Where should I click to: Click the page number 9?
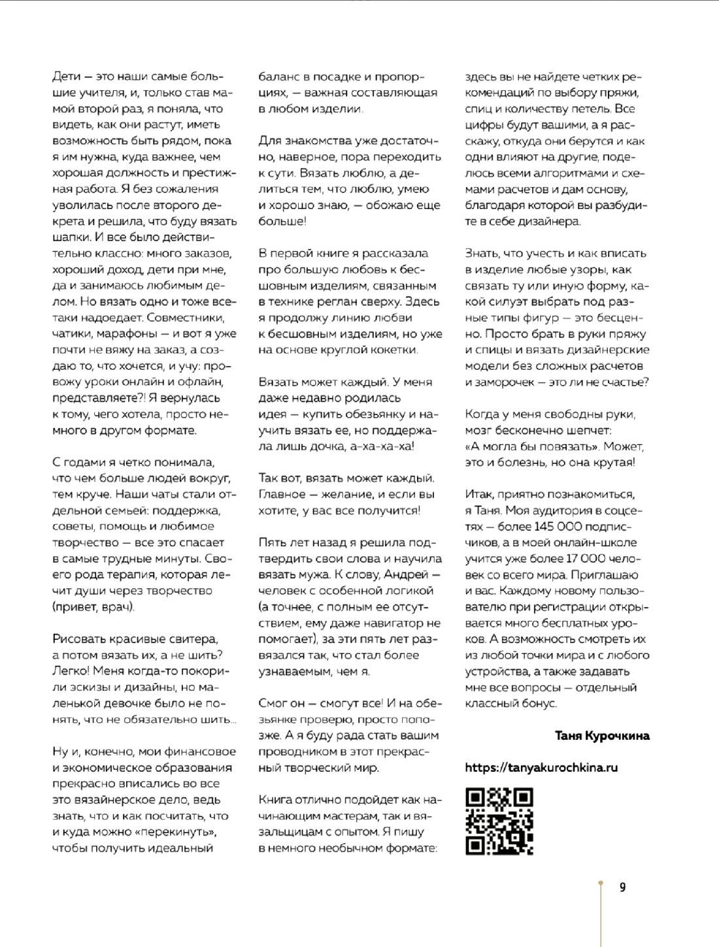pyautogui.click(x=622, y=887)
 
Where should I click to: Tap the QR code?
pyautogui.click(x=499, y=822)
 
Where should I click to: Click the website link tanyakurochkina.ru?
pyautogui.click(x=541, y=768)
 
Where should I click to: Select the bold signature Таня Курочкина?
pyautogui.click(x=602, y=736)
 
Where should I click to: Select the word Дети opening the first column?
pyautogui.click(x=66, y=76)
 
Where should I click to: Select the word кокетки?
pyautogui.click(x=395, y=350)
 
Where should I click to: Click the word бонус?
pyautogui.click(x=540, y=704)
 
